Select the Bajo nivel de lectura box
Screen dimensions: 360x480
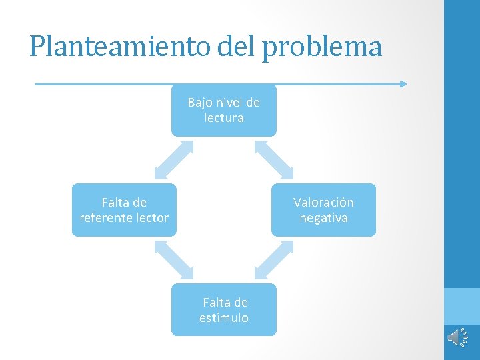[x=223, y=110]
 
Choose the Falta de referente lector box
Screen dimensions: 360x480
[x=124, y=210]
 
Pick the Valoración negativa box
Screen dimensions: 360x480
[x=323, y=210]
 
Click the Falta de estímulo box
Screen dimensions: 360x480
[x=223, y=309]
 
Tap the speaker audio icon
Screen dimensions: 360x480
[x=458, y=337]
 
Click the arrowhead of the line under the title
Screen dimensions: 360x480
[x=403, y=84]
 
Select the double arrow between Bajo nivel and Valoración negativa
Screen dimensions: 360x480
[x=274, y=160]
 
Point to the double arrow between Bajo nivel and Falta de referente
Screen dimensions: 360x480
[x=173, y=160]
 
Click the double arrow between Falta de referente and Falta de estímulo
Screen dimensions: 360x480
[x=173, y=259]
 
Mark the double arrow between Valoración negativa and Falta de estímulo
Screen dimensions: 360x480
[x=274, y=259]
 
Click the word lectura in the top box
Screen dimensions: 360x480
[x=224, y=118]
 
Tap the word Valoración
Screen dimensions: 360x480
[x=323, y=202]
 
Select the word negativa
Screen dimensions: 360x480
[x=323, y=218]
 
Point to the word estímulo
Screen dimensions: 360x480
[x=224, y=318]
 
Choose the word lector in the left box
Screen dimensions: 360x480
[x=153, y=218]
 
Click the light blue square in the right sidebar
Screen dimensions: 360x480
[x=462, y=305]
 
